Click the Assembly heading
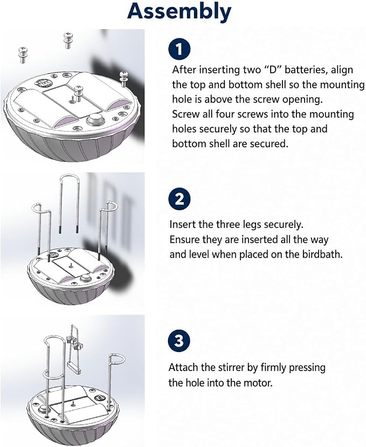coord(179,12)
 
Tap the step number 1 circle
coord(179,49)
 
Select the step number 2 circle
coord(179,199)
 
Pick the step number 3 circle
coord(179,341)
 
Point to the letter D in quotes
coord(272,70)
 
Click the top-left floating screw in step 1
coord(23,55)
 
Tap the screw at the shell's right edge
coord(123,79)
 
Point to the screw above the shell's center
coord(78,93)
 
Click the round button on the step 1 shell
coord(96,119)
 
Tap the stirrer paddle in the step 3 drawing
coord(73,368)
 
